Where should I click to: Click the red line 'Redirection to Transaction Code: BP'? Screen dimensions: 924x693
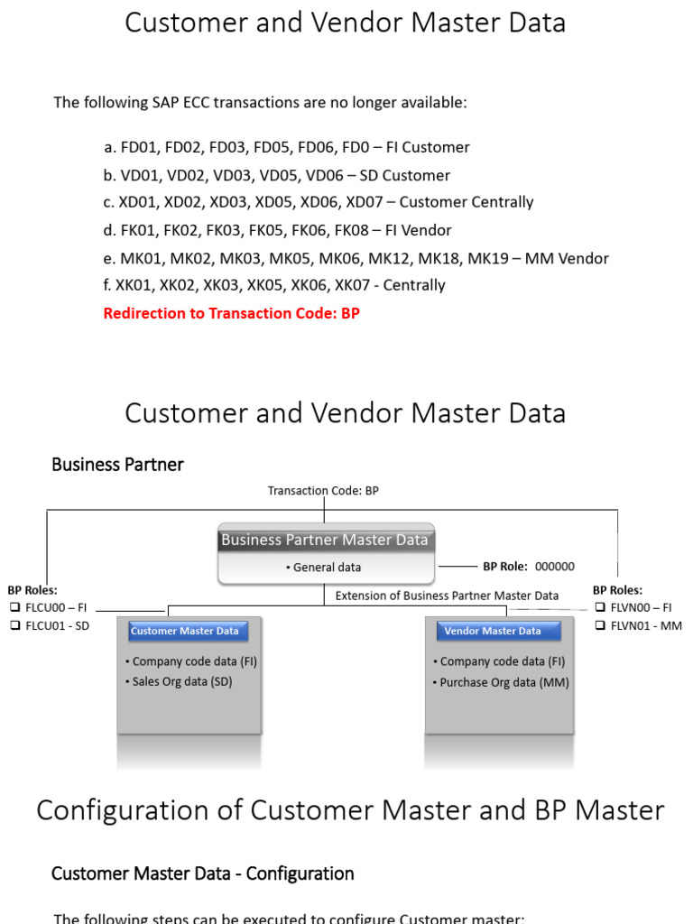[x=231, y=314]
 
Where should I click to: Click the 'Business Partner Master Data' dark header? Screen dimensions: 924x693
[x=325, y=540]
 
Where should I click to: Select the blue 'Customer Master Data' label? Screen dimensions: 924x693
[x=185, y=632]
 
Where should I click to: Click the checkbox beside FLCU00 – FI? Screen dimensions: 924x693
[x=14, y=608]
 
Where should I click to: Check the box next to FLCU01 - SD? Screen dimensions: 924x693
[x=14, y=626]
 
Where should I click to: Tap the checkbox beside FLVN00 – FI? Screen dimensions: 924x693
[x=599, y=608]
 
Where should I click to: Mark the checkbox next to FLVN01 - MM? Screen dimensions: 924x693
[x=599, y=626]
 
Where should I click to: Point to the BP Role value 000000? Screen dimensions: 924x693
[x=554, y=567]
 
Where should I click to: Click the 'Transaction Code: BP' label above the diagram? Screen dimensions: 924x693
[x=323, y=491]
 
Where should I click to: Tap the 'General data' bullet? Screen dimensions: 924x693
[x=324, y=568]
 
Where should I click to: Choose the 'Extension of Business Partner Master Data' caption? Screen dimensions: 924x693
[x=447, y=596]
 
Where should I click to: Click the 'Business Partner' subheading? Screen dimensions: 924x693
[x=117, y=465]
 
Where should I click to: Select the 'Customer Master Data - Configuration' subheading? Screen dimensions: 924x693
[x=202, y=873]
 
